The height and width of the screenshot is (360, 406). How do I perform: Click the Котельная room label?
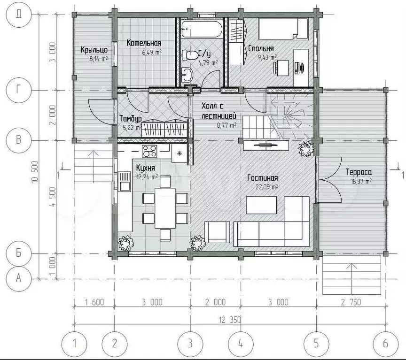(x=144, y=43)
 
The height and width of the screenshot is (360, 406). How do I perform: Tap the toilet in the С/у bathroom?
(x=190, y=55)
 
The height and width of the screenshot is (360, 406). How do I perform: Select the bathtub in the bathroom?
(x=202, y=29)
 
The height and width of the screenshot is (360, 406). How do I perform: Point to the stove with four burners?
(x=149, y=151)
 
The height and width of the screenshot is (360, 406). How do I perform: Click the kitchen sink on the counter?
(x=124, y=181)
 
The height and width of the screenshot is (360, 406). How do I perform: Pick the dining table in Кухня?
(x=165, y=208)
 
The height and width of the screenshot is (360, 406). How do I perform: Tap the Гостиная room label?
(x=262, y=178)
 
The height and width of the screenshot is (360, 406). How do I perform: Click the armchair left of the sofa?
(x=217, y=232)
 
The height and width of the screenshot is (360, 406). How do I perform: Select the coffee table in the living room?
(x=261, y=205)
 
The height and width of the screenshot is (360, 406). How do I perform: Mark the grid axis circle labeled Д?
(x=18, y=14)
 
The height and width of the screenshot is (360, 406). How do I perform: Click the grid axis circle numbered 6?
(x=385, y=344)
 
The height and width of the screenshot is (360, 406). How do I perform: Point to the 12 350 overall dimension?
(x=230, y=320)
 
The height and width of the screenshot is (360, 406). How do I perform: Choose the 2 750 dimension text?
(x=351, y=302)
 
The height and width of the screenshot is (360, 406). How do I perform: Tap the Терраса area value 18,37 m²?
(x=361, y=182)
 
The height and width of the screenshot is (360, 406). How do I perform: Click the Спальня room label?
(x=261, y=48)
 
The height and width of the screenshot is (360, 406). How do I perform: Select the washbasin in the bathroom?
(x=187, y=75)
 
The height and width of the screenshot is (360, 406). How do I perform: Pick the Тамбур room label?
(x=130, y=118)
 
